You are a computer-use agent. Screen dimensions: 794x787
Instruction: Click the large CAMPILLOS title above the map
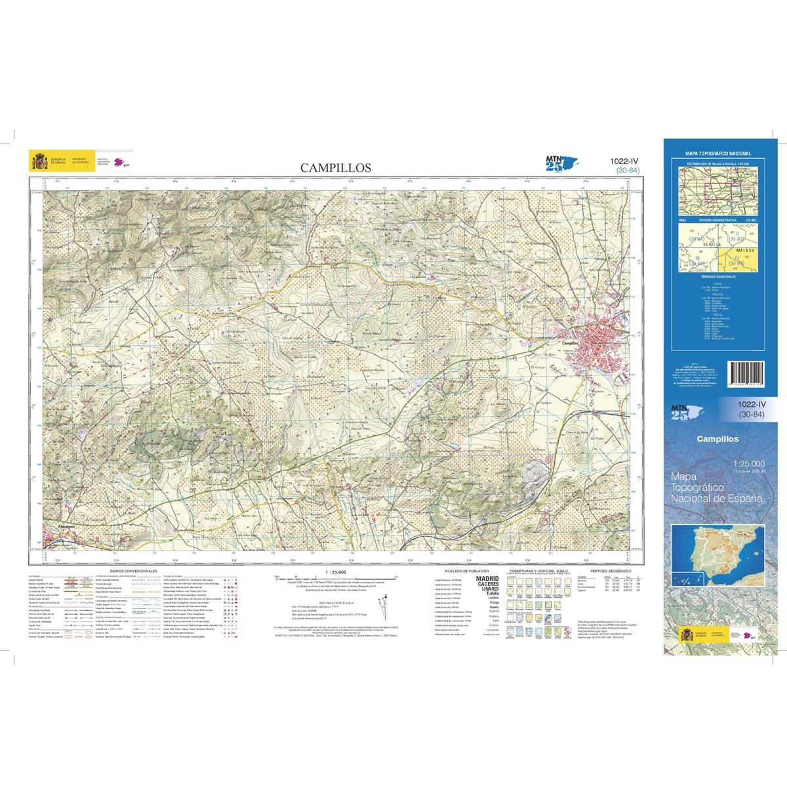coord(335,167)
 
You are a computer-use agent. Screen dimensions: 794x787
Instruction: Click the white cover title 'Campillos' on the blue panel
coord(717,439)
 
